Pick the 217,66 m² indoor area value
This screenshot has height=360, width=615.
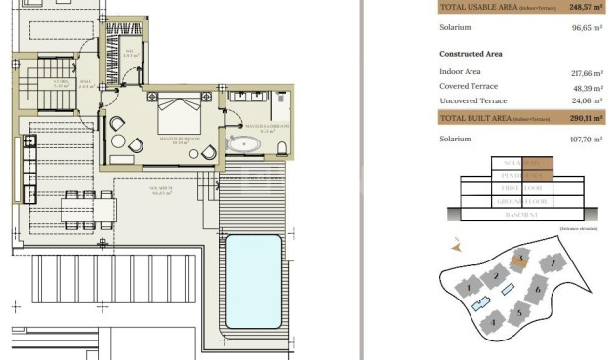coord(584,73)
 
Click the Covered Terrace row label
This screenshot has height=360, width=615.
coord(470,86)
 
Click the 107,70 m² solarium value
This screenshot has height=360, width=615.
coord(585,140)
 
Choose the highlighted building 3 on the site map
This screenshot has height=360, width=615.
coord(521,259)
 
